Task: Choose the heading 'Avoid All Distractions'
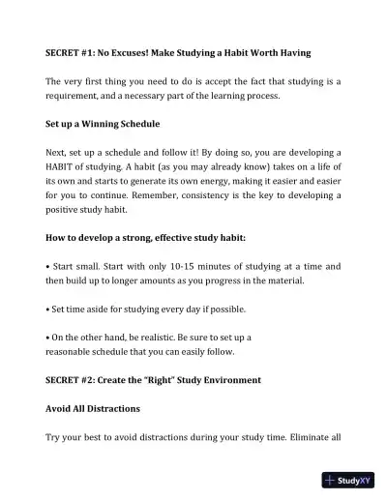(x=93, y=409)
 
